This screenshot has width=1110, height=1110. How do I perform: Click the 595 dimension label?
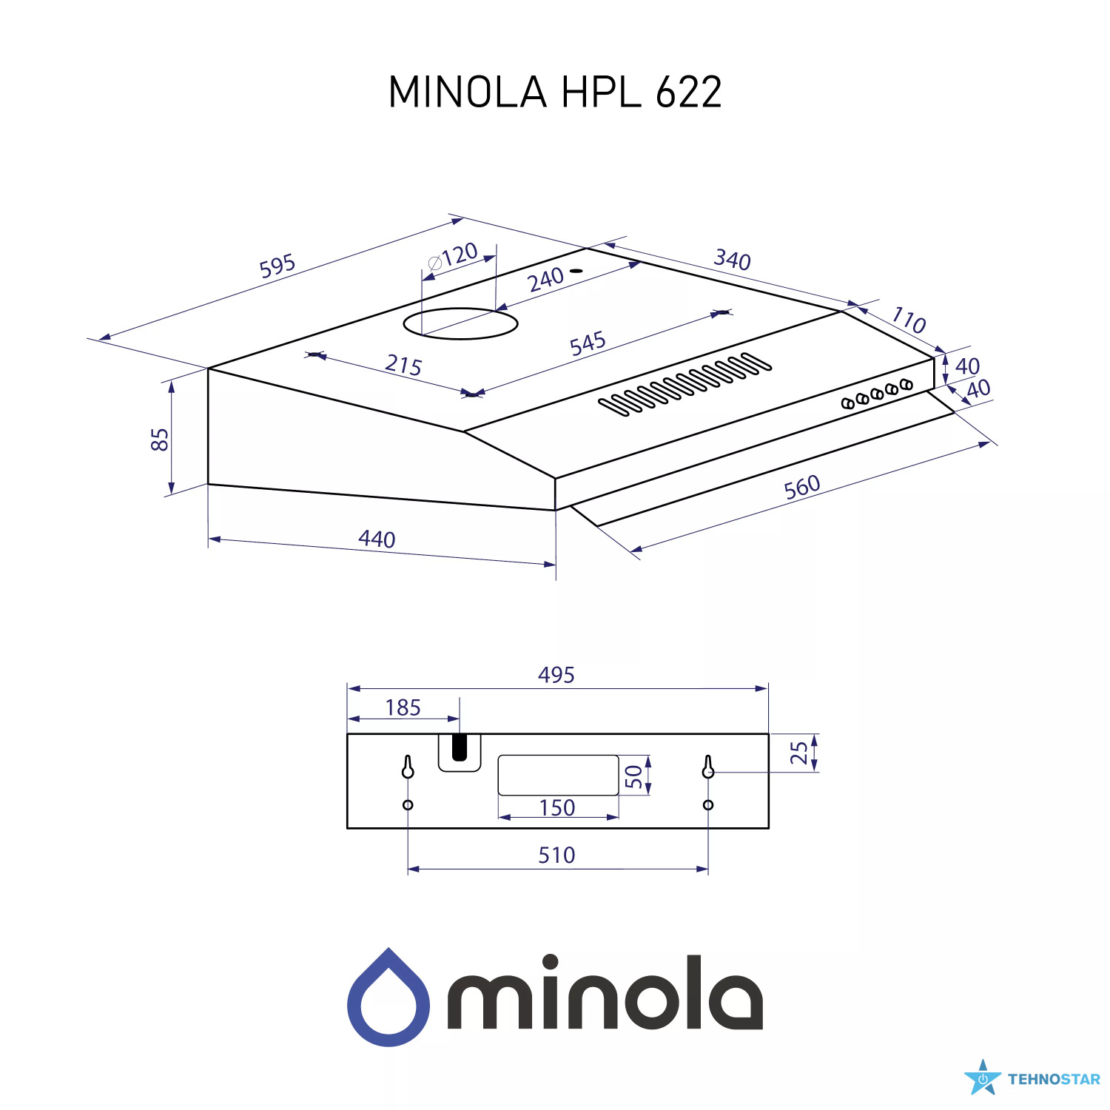(277, 266)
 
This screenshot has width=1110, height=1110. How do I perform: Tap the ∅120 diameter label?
(453, 257)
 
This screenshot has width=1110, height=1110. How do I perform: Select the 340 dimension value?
(732, 260)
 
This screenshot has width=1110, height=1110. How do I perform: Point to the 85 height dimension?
(160, 439)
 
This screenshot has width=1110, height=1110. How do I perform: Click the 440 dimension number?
(377, 539)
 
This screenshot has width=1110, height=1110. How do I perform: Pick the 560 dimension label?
(802, 487)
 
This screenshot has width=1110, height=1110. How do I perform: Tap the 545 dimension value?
(588, 343)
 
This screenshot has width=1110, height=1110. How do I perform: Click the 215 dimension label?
(403, 365)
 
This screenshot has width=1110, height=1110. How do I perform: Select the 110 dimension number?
(908, 320)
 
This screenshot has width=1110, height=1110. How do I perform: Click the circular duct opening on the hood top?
(460, 323)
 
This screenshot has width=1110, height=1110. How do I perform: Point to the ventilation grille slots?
(684, 384)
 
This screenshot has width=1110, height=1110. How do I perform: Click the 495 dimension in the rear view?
(556, 675)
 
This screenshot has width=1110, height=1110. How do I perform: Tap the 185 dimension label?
(403, 708)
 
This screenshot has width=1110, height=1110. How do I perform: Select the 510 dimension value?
(556, 855)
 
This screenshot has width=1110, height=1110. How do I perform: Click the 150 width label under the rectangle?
(557, 807)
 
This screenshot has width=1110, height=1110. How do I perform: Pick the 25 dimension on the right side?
(799, 753)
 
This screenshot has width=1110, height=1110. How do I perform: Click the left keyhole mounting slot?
(408, 767)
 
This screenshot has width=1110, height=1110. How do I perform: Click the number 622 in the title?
(688, 92)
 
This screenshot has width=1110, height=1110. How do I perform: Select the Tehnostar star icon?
(983, 1078)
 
